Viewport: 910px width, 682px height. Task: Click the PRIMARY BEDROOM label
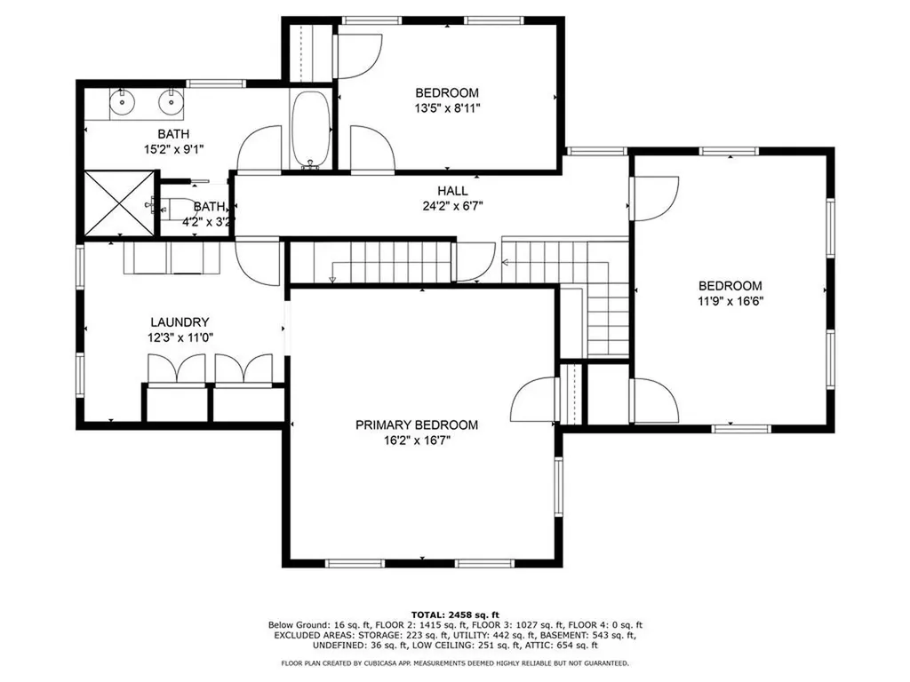coord(417,425)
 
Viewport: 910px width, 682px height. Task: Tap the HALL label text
coord(452,190)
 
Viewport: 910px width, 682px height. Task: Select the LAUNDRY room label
coord(180,322)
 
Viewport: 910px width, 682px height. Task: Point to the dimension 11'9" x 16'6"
coord(730,301)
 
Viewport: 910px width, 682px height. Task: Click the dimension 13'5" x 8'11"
coord(447,107)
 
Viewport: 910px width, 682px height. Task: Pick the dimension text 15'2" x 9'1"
coord(173,149)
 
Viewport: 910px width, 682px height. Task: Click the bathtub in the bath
coord(310,130)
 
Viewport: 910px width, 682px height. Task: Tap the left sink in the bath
coord(122,103)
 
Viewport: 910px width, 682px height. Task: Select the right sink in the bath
coord(172,103)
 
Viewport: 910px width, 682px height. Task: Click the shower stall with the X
coord(120,203)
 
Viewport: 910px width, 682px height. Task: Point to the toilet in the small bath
coord(168,205)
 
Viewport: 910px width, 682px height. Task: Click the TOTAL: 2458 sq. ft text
coord(455,615)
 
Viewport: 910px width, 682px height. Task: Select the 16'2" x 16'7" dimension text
coord(417,440)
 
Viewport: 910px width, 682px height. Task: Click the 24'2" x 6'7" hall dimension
coord(452,206)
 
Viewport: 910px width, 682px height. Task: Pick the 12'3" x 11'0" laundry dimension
coord(180,338)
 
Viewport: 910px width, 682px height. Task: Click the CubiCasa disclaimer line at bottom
coord(455,662)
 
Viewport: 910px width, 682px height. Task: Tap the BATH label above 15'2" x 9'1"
coord(173,134)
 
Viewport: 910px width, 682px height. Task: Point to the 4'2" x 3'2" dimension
coord(208,221)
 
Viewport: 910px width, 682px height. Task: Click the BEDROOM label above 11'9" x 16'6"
coord(730,286)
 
